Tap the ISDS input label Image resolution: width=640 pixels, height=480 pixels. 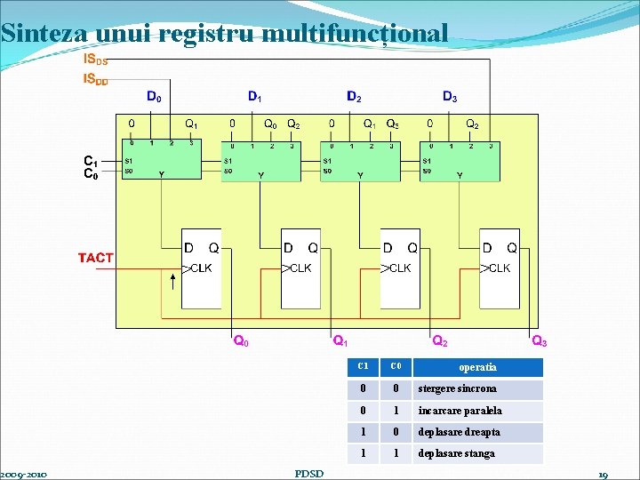coord(95,60)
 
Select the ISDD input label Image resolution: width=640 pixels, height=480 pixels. coord(95,79)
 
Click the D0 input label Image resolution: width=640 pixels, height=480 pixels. coord(154,96)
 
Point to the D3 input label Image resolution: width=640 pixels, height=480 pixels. coord(451,96)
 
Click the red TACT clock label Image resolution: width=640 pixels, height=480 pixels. coord(96,258)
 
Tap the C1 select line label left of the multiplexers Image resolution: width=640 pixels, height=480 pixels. coord(90,161)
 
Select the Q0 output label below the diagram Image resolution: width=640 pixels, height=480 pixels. coord(240,340)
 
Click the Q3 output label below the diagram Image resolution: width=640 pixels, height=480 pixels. coord(539,340)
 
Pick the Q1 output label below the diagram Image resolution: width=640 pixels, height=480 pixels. coord(340,340)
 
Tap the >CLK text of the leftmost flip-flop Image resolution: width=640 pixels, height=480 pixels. coord(197,268)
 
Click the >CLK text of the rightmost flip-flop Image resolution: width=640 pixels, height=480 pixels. coord(495,268)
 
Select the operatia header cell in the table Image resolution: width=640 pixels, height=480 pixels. coord(478,367)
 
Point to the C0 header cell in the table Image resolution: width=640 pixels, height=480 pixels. coord(396,366)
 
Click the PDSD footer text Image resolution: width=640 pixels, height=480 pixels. coord(308,474)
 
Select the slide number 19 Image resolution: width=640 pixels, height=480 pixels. coord(603,475)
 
